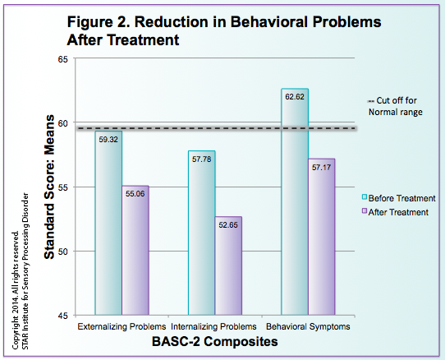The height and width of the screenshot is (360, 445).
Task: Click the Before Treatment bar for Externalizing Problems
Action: click(x=108, y=222)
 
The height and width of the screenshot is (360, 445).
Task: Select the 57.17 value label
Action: click(x=321, y=166)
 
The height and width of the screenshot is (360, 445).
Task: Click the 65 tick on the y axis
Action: click(x=63, y=59)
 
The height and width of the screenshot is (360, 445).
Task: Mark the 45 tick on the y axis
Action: click(x=63, y=315)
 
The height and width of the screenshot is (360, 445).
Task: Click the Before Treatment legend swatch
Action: click(x=367, y=198)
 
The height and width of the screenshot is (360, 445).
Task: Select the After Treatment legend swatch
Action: click(x=367, y=211)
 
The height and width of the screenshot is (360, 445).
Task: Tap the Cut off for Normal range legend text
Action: click(x=402, y=106)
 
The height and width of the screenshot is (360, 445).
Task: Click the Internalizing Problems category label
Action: click(x=208, y=327)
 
